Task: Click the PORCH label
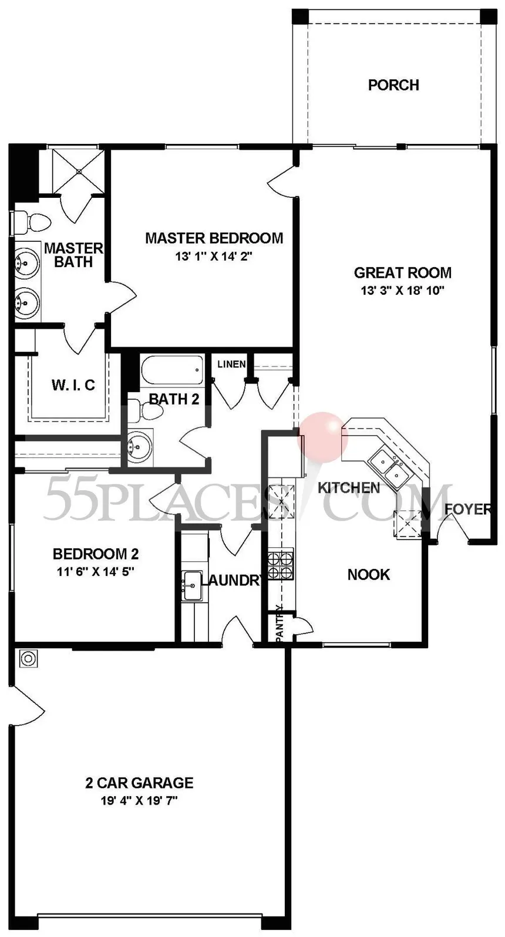tap(393, 85)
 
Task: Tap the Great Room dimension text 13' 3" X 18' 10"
tap(402, 290)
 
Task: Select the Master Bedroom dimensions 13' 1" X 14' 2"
tap(214, 256)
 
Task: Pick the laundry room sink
tap(192, 586)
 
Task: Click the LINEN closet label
tap(231, 364)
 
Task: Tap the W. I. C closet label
tap(73, 385)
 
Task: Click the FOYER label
tap(468, 510)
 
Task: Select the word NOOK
tap(369, 575)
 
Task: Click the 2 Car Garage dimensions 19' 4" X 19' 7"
tap(139, 801)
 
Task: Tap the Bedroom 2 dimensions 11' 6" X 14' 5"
tap(95, 571)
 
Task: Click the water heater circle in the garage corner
tap(28, 659)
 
